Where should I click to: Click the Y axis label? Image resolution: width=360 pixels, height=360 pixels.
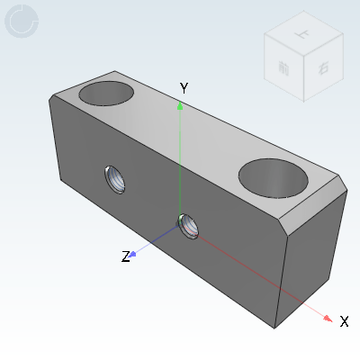point(184,88)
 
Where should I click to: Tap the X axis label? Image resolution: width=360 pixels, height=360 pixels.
point(344,320)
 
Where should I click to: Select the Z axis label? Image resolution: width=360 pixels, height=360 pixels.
point(126,256)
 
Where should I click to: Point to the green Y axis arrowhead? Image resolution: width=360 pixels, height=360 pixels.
point(181,105)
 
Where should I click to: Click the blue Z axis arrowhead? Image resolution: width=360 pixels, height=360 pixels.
point(133,254)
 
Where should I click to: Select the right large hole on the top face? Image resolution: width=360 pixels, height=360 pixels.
point(274,176)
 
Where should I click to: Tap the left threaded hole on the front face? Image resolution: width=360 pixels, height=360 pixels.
point(115,180)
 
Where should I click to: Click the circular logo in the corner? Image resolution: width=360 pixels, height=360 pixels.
point(22,21)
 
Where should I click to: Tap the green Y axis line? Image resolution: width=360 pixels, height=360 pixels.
point(181,162)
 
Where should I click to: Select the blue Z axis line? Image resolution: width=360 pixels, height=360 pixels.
point(157,241)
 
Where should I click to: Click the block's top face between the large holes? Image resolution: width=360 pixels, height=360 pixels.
point(184,126)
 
